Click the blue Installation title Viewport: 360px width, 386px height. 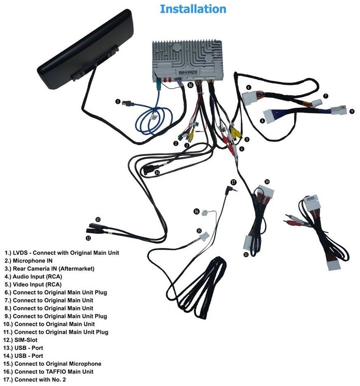pyautogui.click(x=193, y=9)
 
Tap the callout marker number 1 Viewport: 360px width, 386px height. pyautogui.click(x=118, y=102)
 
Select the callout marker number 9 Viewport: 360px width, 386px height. pyautogui.click(x=352, y=111)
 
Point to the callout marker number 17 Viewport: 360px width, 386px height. pyautogui.click(x=233, y=182)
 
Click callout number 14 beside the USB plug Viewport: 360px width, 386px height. pyautogui.click(x=157, y=172)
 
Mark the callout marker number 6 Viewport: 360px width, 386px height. pyautogui.click(x=249, y=87)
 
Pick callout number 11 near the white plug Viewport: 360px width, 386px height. pyautogui.click(x=246, y=255)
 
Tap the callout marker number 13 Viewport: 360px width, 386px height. pyautogui.click(x=98, y=219)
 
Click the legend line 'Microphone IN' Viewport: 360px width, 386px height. pyautogui.click(x=33, y=260)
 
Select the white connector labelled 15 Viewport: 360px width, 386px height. pyautogui.click(x=204, y=237)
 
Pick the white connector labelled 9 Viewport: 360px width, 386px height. pyautogui.click(x=339, y=110)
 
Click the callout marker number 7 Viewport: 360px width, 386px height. pyautogui.click(x=326, y=96)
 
